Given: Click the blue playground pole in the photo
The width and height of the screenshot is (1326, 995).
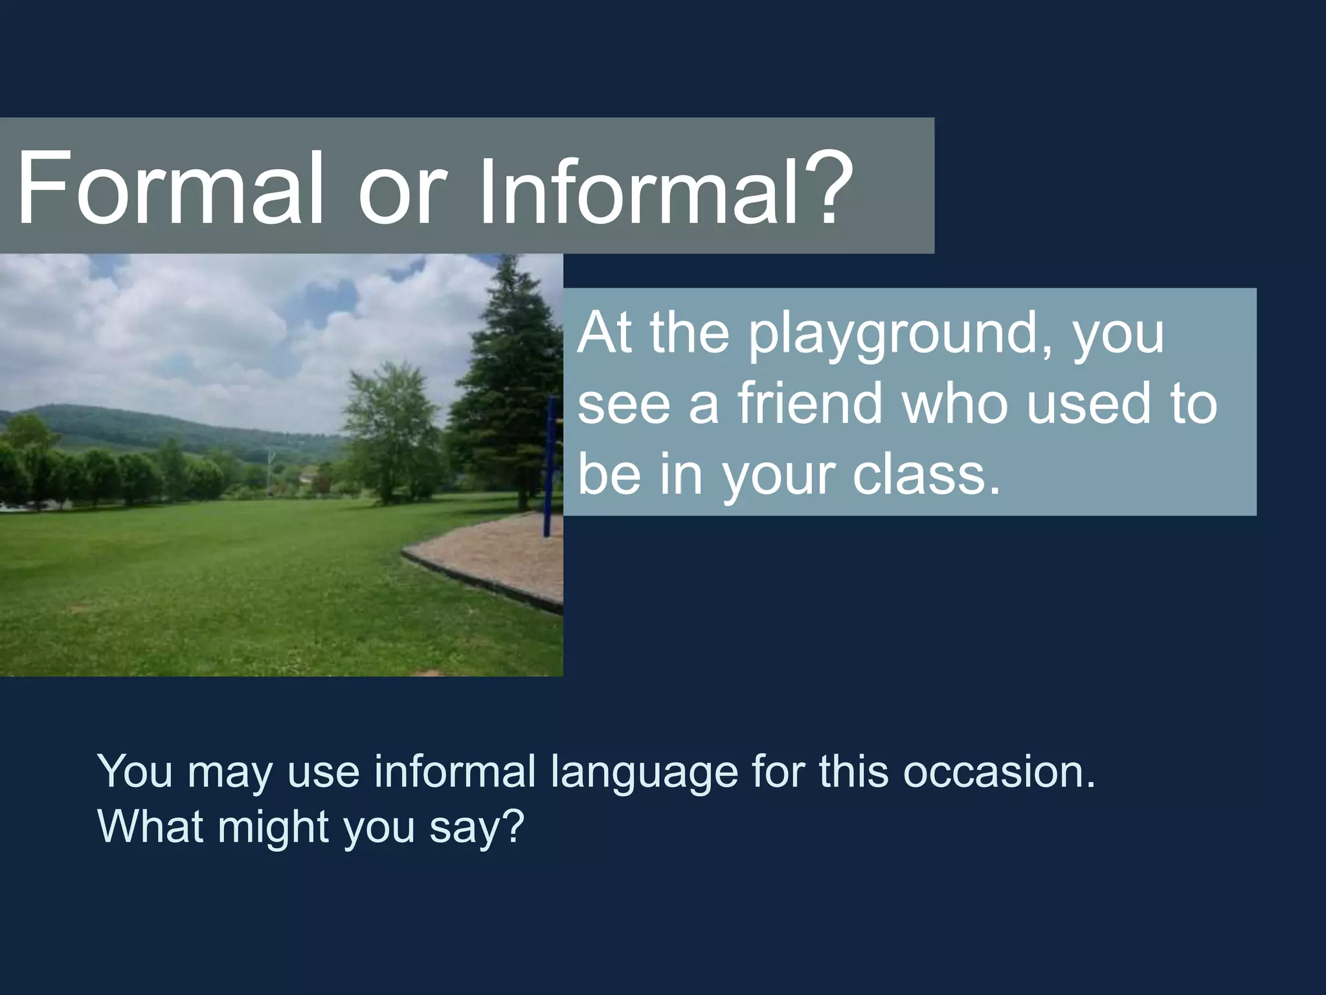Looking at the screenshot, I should coord(550,466).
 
